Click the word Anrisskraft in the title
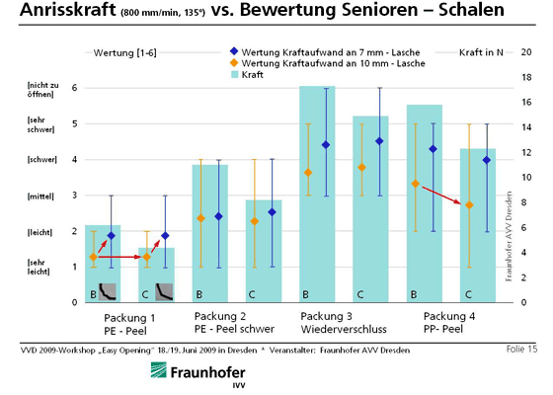pyautogui.click(x=68, y=10)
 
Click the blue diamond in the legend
pyautogui.click(x=234, y=51)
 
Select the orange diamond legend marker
pyautogui.click(x=234, y=63)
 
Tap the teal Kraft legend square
pyautogui.click(x=235, y=74)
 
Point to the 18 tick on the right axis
pyautogui.click(x=526, y=77)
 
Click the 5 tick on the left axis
pyautogui.click(x=74, y=123)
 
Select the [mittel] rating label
pyautogui.click(x=40, y=197)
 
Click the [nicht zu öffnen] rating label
pyautogui.click(x=43, y=90)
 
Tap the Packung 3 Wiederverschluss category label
pyautogui.click(x=344, y=323)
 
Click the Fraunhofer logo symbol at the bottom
pyautogui.click(x=159, y=370)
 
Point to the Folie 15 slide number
pyautogui.click(x=521, y=350)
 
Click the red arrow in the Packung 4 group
pyautogui.click(x=442, y=196)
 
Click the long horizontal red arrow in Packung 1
pyautogui.click(x=119, y=257)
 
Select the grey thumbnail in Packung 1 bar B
pyautogui.click(x=108, y=291)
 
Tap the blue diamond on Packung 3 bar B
pyautogui.click(x=326, y=145)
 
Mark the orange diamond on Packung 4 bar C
pyautogui.click(x=469, y=205)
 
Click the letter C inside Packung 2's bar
pyautogui.click(x=252, y=294)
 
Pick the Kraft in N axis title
pyautogui.click(x=481, y=52)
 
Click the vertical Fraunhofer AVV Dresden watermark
pyautogui.click(x=509, y=236)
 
